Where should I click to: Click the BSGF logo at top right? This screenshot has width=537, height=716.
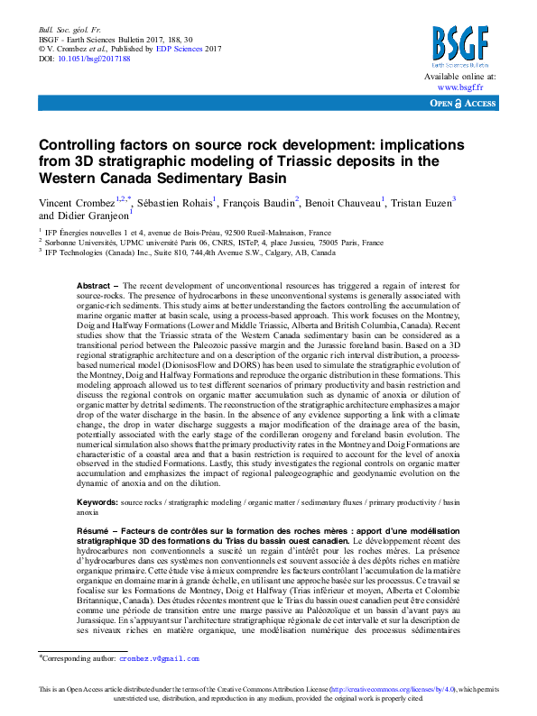pos(460,47)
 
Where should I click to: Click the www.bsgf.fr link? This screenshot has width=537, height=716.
pos(461,87)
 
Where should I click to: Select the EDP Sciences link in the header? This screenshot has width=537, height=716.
pos(176,49)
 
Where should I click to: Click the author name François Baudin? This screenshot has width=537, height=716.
pos(259,201)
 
